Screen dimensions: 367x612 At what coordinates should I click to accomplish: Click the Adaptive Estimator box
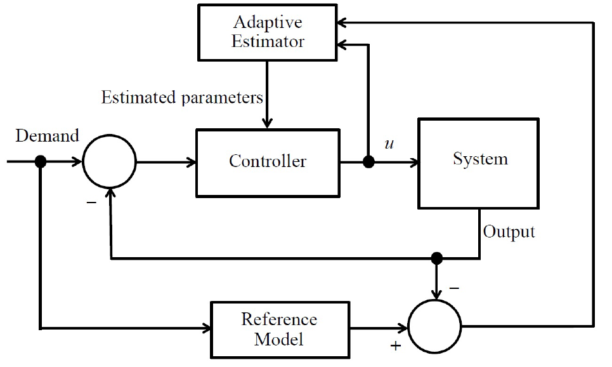click(x=268, y=31)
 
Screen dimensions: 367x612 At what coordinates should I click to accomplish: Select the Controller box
click(x=268, y=162)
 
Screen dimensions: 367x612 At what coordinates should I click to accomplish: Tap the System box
click(x=478, y=163)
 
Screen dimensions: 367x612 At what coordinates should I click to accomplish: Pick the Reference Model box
click(x=279, y=329)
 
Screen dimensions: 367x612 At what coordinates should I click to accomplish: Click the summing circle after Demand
click(x=110, y=162)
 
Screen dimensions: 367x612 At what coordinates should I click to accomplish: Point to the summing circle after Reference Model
click(x=436, y=328)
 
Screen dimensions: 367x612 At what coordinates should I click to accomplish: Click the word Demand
click(x=47, y=136)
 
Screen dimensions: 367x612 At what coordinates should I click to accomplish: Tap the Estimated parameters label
click(x=182, y=98)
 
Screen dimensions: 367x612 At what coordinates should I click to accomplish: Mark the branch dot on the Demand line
click(x=41, y=162)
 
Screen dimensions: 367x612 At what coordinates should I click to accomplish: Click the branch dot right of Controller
click(x=368, y=162)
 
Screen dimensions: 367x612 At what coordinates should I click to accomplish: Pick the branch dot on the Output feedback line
click(x=436, y=258)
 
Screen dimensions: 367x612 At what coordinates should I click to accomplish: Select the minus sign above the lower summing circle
click(x=454, y=288)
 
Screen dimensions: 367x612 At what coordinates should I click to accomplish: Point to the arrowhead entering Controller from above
click(x=268, y=123)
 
